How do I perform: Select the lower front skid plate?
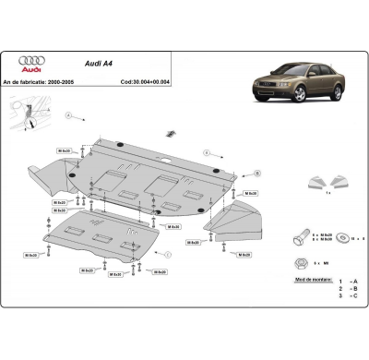point(106,243)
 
